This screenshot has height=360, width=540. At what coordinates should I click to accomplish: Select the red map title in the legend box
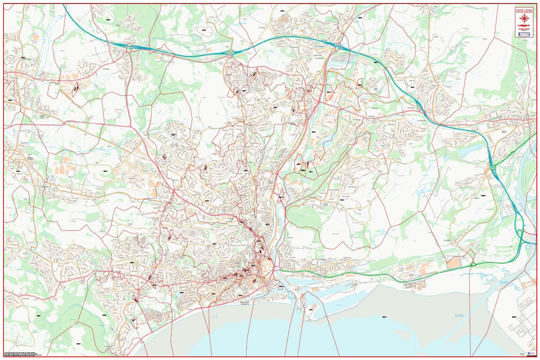coord(524,10)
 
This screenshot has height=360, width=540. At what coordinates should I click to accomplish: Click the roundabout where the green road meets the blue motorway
coord(493,168)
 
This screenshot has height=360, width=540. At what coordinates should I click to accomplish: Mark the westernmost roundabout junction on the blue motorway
coord(129,47)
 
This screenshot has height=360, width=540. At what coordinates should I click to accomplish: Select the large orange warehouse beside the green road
coord(453,263)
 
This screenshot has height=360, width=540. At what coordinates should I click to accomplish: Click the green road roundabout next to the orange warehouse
coord(472,265)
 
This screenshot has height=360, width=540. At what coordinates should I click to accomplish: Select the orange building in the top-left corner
coord(35,38)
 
